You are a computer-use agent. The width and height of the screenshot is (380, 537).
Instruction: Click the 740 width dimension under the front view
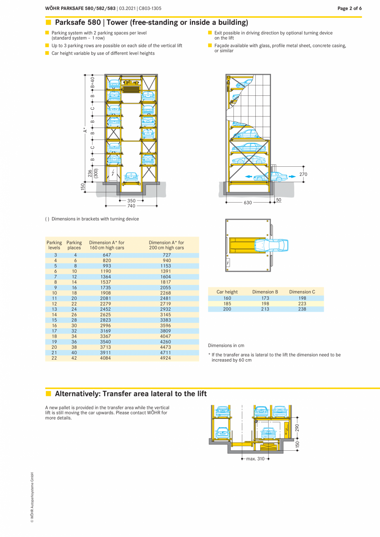click(x=131, y=206)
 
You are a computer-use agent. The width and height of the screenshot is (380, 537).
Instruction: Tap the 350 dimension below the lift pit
click(x=131, y=201)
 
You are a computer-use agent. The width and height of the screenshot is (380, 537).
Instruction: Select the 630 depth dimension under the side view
click(x=247, y=203)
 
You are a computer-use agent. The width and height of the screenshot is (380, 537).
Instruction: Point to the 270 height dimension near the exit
click(x=303, y=174)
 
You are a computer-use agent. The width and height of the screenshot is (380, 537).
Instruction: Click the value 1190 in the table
click(x=106, y=271)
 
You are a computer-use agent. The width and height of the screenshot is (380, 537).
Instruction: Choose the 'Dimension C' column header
click(x=302, y=292)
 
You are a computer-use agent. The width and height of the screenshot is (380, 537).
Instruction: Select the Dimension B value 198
click(x=265, y=303)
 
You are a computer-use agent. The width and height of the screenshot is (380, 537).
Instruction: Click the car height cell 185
click(x=227, y=303)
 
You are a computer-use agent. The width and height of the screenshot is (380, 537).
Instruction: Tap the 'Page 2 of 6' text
click(x=349, y=8)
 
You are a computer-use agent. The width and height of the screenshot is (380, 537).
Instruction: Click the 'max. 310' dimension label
click(x=255, y=459)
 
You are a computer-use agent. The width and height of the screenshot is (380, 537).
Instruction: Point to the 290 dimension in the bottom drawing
click(x=297, y=427)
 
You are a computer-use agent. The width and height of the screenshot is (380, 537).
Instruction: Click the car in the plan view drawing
click(x=272, y=245)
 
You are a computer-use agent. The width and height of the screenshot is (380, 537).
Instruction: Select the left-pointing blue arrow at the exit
click(x=249, y=176)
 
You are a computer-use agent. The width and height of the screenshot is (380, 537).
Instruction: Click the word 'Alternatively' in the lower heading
click(x=77, y=394)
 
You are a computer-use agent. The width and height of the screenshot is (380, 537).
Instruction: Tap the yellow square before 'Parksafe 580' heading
click(x=48, y=22)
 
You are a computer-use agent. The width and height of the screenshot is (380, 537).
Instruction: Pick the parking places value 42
click(x=74, y=358)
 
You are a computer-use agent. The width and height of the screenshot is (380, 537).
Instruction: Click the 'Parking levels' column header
click(x=54, y=245)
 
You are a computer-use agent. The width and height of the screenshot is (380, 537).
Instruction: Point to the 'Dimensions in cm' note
click(x=226, y=345)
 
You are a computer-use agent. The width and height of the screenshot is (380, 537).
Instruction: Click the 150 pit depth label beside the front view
click(x=83, y=187)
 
